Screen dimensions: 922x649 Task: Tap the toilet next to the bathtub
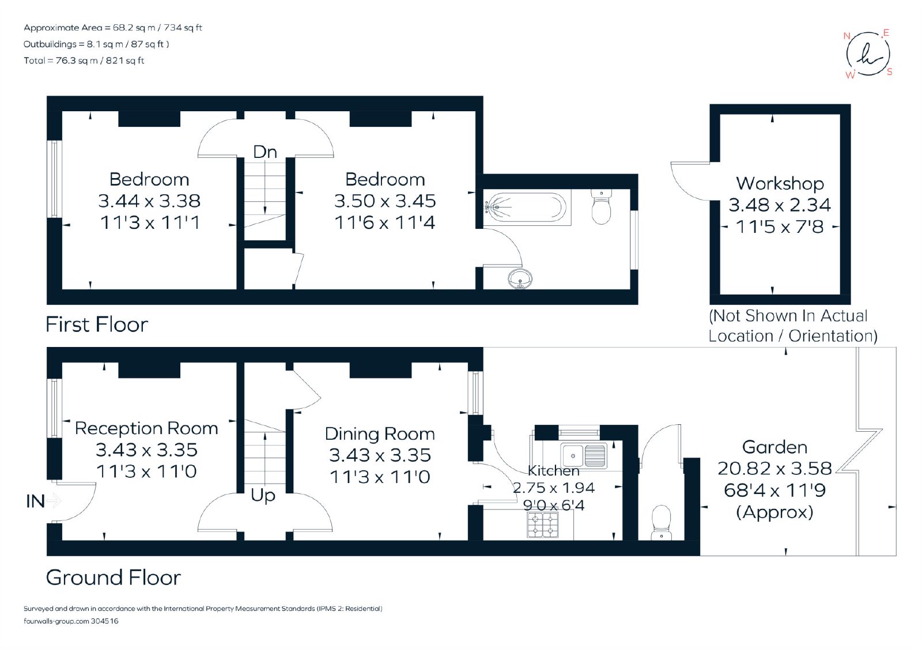coord(601,206)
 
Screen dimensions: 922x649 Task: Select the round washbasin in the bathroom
coord(520,279)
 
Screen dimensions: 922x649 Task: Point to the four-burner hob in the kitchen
coord(543,525)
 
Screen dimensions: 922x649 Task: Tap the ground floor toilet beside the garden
coord(662,523)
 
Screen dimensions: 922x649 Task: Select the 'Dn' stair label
coord(264,152)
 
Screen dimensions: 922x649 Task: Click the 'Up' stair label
coord(263,496)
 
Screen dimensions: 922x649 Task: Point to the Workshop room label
coord(780,183)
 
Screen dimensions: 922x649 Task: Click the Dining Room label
coord(380,433)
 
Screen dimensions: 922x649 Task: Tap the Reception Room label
coord(146,428)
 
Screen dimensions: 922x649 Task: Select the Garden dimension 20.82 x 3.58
coord(774,469)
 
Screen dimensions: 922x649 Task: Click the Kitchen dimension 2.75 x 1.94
coord(554,488)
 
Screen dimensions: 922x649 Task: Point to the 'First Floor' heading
coord(97,324)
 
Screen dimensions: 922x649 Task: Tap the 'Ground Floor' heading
coord(113,578)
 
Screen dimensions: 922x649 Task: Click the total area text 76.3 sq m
coord(84,61)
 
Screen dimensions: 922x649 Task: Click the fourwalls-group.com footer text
coord(71,621)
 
